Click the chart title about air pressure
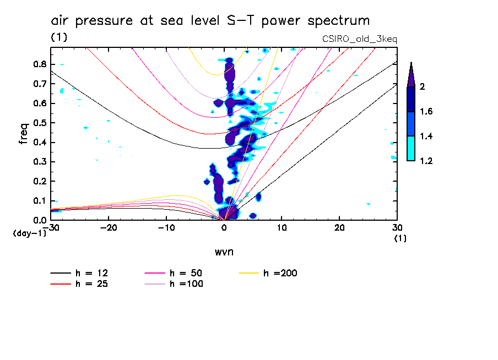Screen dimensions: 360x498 coord(210,21)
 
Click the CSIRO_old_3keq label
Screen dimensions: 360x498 coord(359,40)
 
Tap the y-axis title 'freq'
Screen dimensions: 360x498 coord(24,133)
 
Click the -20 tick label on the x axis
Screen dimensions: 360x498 coord(109,228)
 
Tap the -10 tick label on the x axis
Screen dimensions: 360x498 coord(166,228)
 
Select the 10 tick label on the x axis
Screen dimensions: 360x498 coord(282,228)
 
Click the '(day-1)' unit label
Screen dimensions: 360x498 coord(29,233)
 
